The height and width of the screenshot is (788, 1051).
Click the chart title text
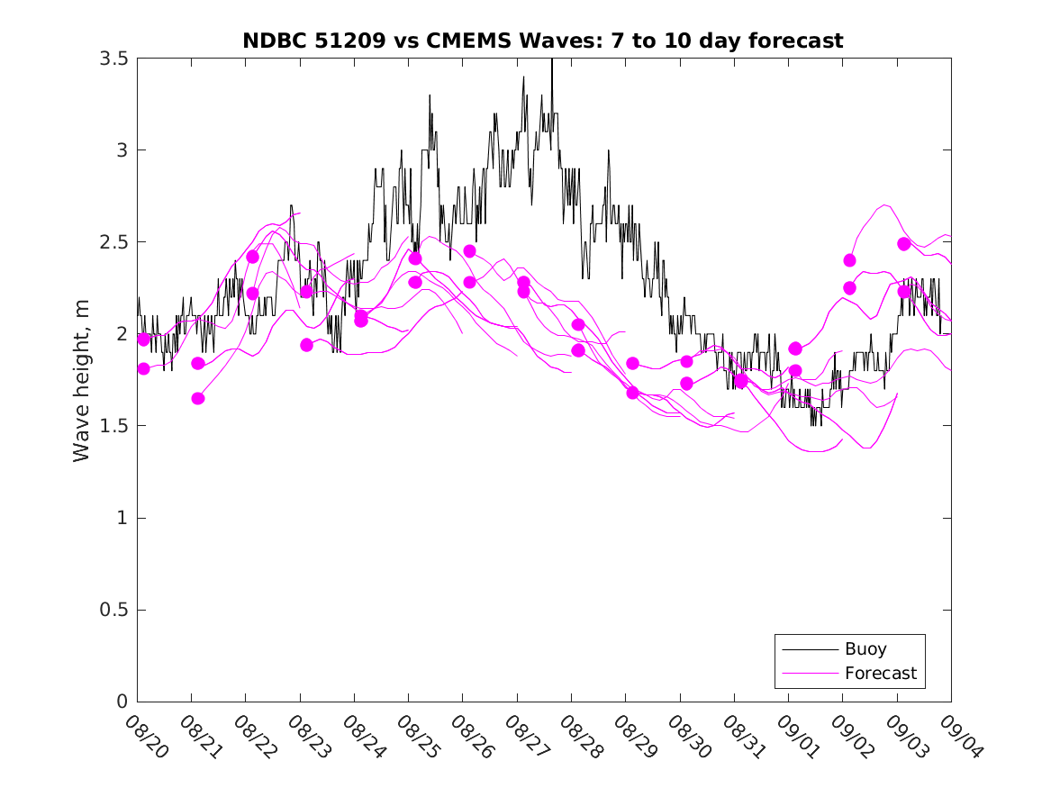tap(543, 41)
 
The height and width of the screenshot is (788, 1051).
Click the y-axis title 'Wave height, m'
tap(82, 379)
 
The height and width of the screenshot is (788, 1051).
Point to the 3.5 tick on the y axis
tap(113, 59)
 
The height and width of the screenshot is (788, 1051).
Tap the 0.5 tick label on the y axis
tap(113, 611)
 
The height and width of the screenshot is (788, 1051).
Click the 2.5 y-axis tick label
tap(113, 242)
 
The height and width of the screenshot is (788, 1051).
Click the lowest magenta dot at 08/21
tap(198, 398)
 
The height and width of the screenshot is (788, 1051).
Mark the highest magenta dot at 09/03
tap(904, 244)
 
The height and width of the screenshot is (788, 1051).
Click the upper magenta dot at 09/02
tap(849, 260)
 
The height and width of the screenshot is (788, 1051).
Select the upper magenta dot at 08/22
tap(252, 257)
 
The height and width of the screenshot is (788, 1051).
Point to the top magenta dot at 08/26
tap(469, 251)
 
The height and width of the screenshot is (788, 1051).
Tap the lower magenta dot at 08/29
tap(632, 393)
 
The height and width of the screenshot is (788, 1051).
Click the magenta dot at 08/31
tap(741, 381)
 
